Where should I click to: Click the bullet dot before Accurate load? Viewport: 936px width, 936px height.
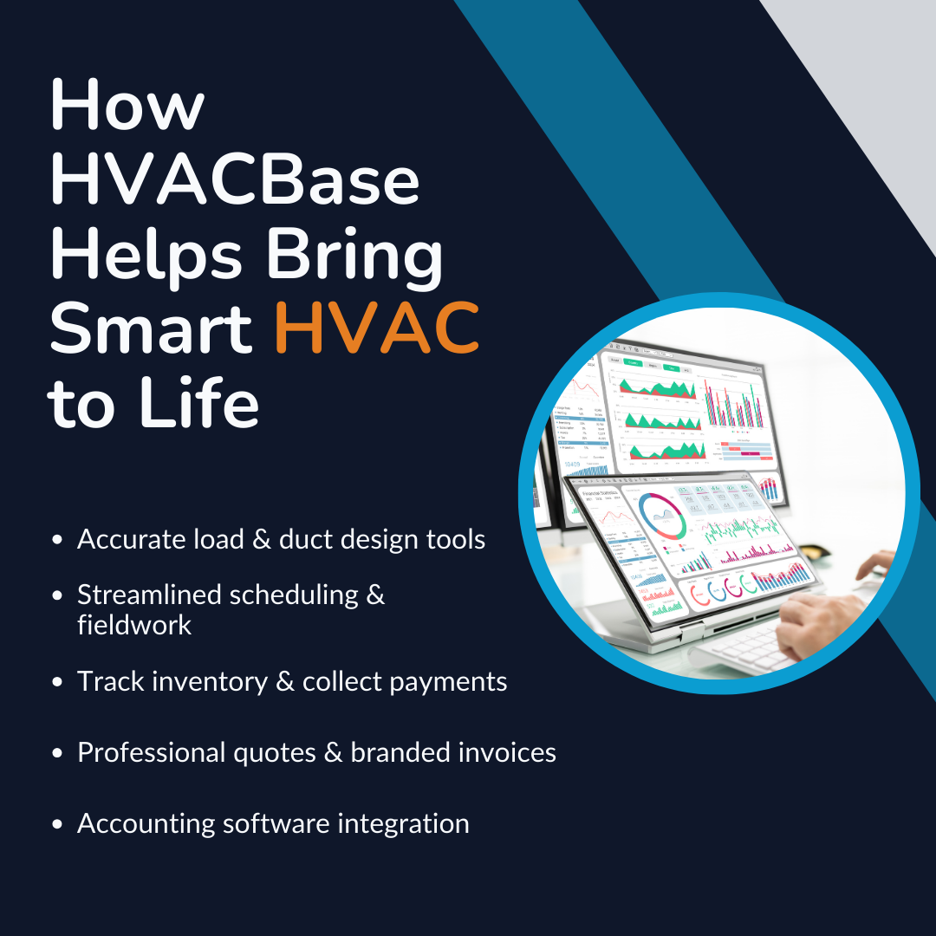coord(58,540)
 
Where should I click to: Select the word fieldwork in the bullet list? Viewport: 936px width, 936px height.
coord(134,625)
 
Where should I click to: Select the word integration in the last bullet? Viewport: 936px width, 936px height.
coord(408,823)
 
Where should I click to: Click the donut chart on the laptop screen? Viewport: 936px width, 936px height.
coord(662,515)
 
